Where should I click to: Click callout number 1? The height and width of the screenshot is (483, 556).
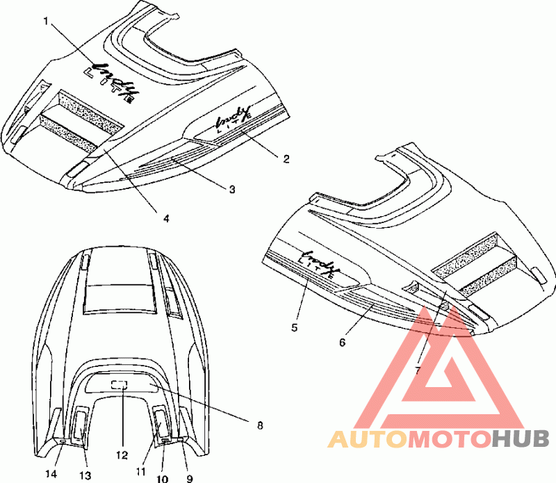point(47,21)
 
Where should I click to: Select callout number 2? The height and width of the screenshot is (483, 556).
point(286,158)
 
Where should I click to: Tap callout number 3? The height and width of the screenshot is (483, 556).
point(232,188)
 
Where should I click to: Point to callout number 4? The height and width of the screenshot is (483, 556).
point(166,218)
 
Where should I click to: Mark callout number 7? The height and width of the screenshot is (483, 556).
point(418,370)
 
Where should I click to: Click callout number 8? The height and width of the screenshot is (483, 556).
point(261,423)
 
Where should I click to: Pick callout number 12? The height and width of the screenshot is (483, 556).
point(122,455)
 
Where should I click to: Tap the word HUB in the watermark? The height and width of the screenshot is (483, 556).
point(521,439)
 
